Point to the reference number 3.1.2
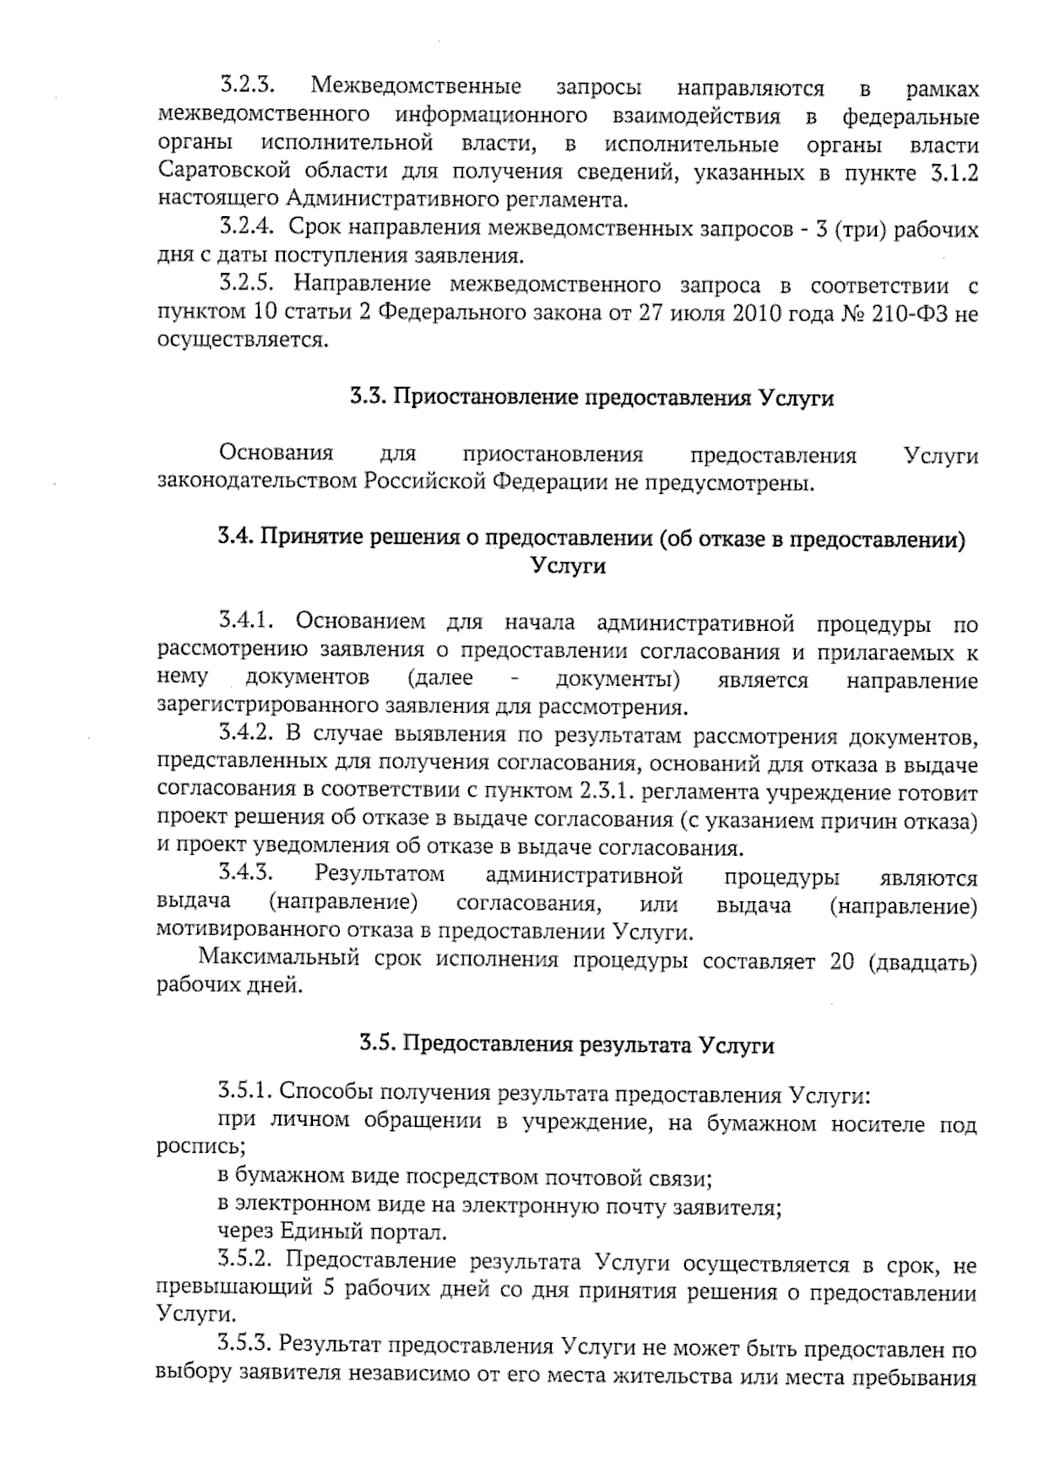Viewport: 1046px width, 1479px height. (x=953, y=173)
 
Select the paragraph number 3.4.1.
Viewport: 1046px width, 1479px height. (x=248, y=622)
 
